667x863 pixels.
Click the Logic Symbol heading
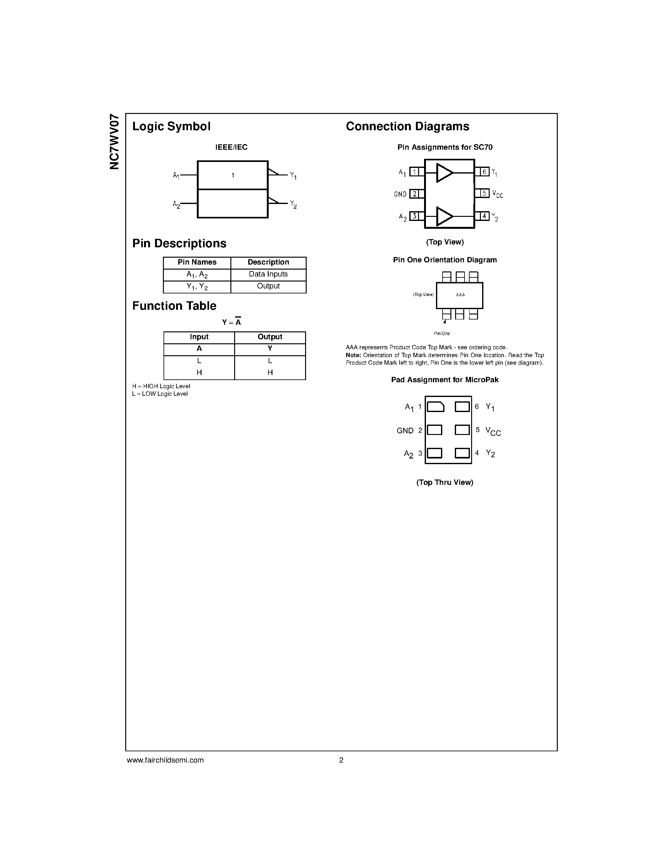[x=171, y=126]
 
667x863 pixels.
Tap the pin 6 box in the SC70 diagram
[x=484, y=172]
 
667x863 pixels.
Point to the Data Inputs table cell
[x=268, y=274]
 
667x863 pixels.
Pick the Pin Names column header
[x=197, y=262]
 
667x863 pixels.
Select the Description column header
[x=268, y=262]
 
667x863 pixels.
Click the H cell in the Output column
[x=270, y=373]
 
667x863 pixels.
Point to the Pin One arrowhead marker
[x=444, y=322]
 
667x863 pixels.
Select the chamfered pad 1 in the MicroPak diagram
[x=435, y=407]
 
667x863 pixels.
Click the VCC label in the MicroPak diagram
[x=493, y=431]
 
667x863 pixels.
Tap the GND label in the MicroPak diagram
[x=405, y=431]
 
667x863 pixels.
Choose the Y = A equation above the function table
[x=232, y=322]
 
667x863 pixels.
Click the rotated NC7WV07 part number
[x=114, y=142]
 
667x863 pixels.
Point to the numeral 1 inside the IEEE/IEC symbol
[x=233, y=175]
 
